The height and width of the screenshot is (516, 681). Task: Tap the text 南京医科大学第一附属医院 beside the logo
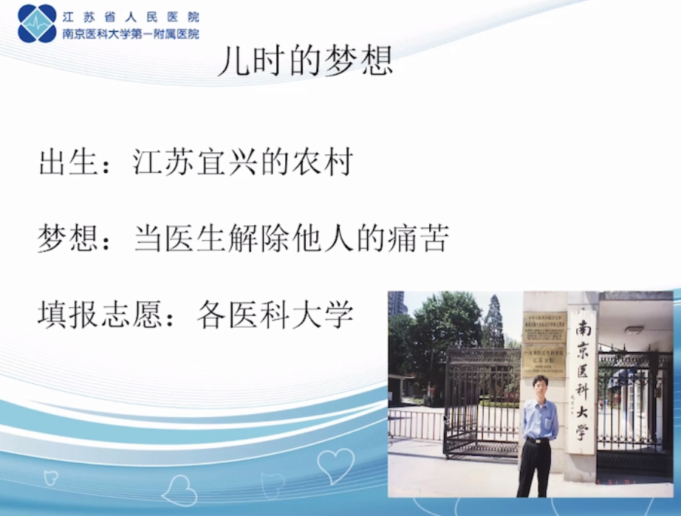pyautogui.click(x=130, y=33)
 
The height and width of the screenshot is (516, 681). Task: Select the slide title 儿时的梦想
pyautogui.click(x=304, y=63)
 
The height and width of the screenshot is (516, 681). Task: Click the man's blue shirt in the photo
pyautogui.click(x=540, y=418)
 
